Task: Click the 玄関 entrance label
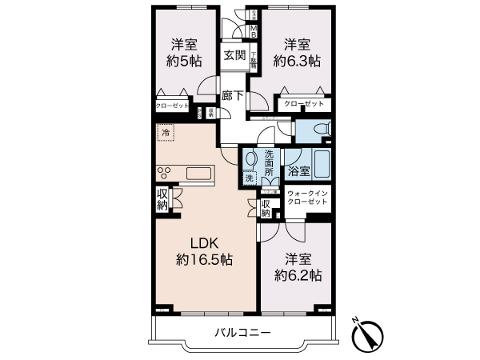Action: tap(234, 55)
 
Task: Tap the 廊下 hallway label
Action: tap(233, 94)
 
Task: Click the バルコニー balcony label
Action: tap(242, 332)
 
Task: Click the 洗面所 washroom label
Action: tap(270, 163)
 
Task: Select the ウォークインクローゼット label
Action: tap(307, 198)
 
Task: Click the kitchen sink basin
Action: tap(198, 174)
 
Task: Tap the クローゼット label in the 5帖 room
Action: tap(171, 106)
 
